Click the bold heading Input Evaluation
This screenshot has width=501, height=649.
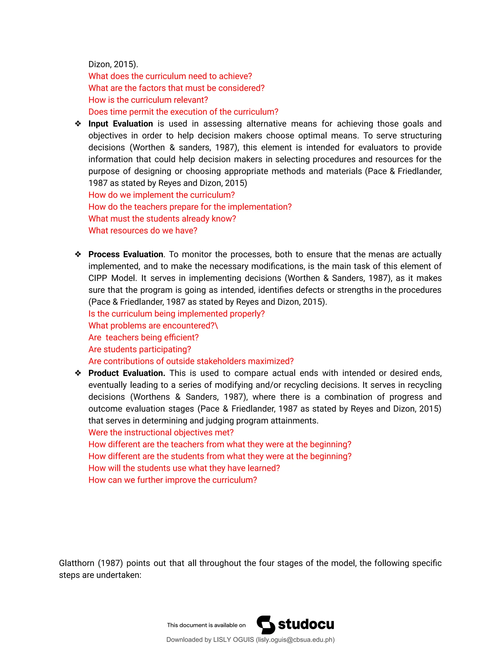121,124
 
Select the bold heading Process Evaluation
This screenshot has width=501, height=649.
125,254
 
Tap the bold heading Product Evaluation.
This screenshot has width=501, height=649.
126,373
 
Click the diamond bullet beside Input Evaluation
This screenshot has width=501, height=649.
78,124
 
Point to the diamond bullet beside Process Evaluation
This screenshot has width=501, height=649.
78,254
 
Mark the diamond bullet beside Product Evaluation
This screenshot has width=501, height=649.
78,373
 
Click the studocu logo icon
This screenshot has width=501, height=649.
266,625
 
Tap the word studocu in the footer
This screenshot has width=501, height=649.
306,625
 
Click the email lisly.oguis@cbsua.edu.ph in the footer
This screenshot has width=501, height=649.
295,640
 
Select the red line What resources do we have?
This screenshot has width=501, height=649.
143,231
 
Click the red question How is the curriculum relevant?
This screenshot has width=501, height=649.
148,100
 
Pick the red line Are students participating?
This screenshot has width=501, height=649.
140,349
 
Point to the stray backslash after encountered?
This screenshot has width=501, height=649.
217,326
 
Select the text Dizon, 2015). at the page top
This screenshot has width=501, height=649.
113,64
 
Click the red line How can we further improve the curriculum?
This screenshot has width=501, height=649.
173,480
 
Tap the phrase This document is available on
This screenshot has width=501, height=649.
206,625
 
